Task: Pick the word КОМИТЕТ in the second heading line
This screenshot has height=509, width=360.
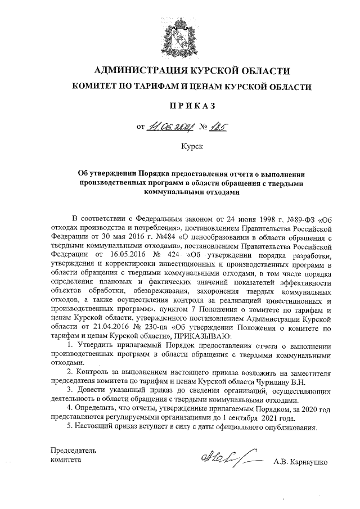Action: click(93, 88)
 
